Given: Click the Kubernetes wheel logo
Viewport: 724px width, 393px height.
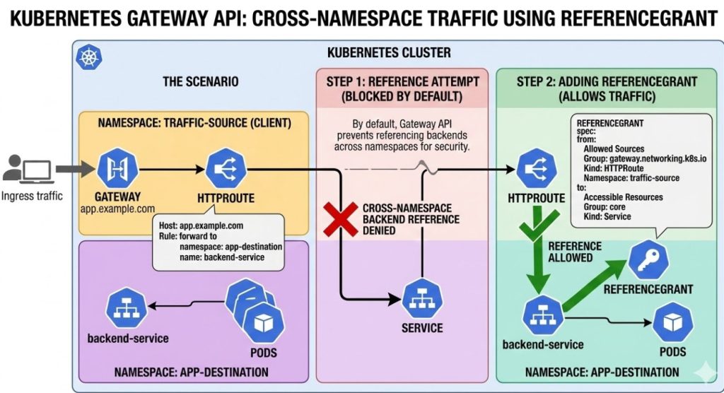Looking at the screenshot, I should coord(89,56).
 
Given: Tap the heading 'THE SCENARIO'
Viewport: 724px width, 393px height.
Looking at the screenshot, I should coord(201,81).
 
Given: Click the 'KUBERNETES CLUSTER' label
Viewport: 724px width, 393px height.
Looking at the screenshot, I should coord(389,53).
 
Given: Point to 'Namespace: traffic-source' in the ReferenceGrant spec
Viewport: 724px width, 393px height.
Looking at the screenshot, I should coord(631,179).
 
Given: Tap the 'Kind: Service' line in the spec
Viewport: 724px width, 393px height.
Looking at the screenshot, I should coord(608,217).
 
